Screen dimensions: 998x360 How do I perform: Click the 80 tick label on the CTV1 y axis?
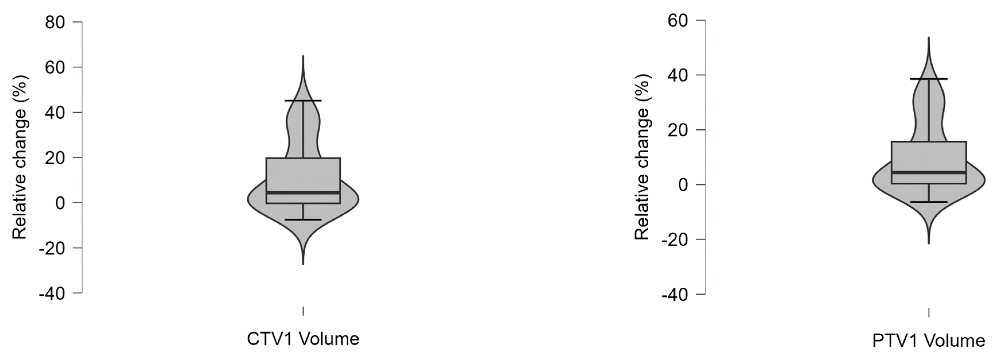(x=55, y=22)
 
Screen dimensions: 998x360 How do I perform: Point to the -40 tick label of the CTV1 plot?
(x=52, y=294)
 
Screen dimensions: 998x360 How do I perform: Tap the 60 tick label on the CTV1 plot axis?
(x=55, y=67)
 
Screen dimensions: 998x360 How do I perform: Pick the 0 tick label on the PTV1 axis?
(x=683, y=185)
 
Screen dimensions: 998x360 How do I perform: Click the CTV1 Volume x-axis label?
(x=303, y=339)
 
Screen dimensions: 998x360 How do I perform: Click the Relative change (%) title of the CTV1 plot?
(x=19, y=157)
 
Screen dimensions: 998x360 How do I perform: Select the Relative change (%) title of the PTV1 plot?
(x=642, y=157)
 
